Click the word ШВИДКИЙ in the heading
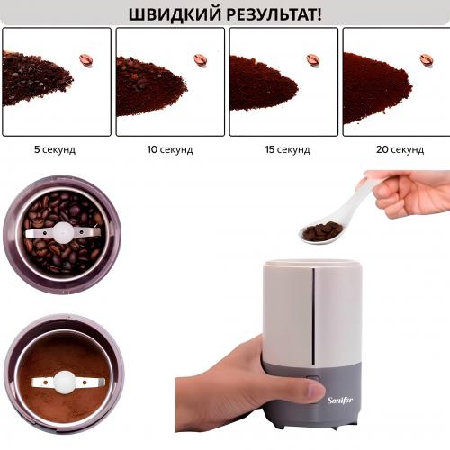[175, 14]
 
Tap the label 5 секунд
[55, 149]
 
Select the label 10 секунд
[170, 149]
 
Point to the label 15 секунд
[287, 149]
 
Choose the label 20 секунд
[400, 149]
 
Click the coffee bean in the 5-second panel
[86, 60]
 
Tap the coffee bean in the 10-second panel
[201, 60]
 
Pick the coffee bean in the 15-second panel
[313, 60]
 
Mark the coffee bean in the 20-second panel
[427, 60]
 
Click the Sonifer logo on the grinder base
[340, 400]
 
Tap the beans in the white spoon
[323, 230]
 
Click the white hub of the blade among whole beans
[63, 232]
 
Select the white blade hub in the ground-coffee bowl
[65, 382]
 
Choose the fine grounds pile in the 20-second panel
[375, 88]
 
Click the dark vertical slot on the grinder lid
[313, 316]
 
